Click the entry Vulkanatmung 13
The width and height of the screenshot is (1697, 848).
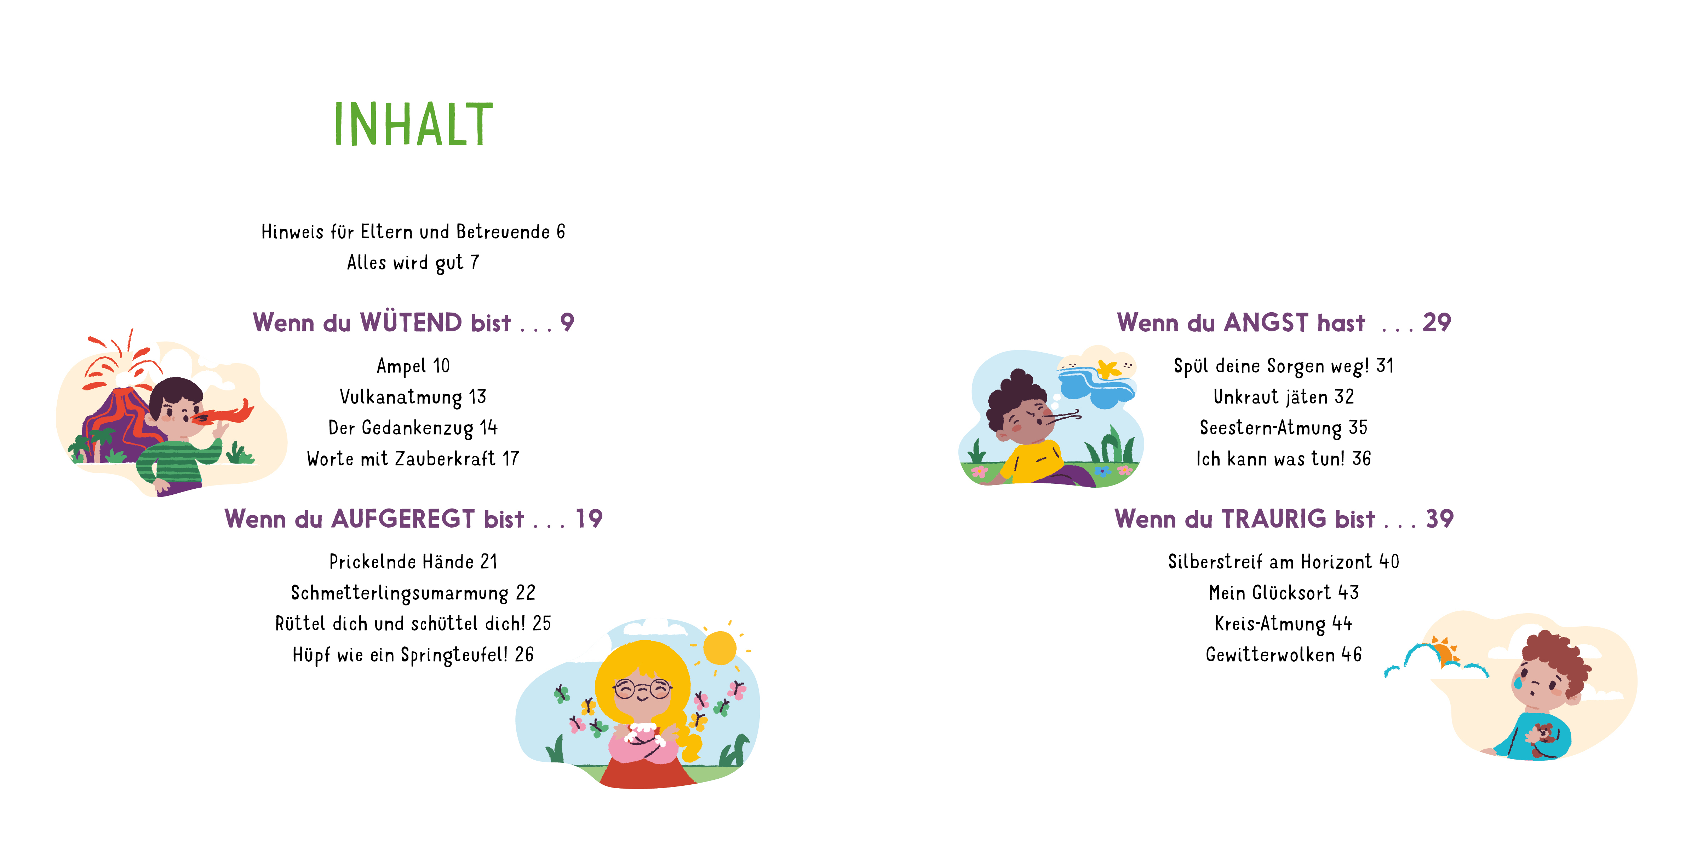pos(413,397)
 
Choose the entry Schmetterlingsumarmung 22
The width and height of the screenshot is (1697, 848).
pos(413,593)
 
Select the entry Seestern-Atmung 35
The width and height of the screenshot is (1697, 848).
pos(1283,428)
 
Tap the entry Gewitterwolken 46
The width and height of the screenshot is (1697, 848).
pos(1283,655)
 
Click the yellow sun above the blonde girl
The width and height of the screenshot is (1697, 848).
pos(719,648)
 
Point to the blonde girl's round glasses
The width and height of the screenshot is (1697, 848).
pos(642,689)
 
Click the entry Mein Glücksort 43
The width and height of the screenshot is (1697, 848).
pos(1283,593)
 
